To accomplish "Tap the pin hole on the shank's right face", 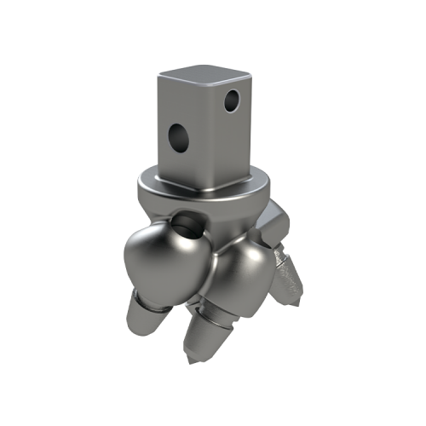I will (x=228, y=102).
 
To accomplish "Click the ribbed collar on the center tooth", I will (x=217, y=317).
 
